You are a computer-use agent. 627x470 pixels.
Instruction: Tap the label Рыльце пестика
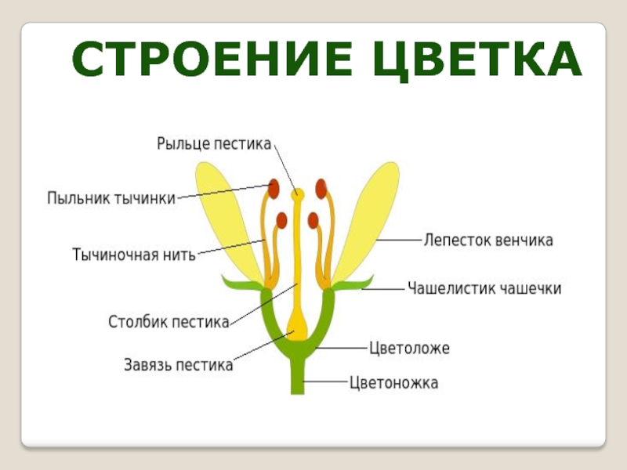click(213, 144)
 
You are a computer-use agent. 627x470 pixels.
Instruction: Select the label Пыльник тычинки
click(111, 198)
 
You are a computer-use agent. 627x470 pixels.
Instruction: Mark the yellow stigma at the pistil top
click(298, 193)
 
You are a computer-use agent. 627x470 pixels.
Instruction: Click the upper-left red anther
click(274, 188)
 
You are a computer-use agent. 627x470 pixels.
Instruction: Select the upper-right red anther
click(321, 188)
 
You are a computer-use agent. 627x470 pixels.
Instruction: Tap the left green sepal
click(239, 283)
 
